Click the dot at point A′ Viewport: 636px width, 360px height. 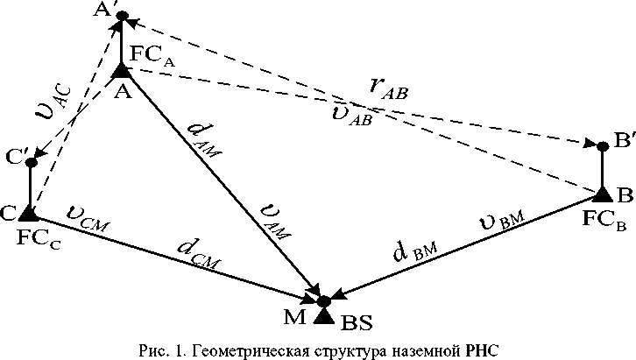pos(122,16)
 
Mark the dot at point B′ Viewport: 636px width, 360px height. pos(602,145)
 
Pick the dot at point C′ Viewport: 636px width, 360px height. pos(31,162)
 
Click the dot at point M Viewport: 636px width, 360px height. pos(322,301)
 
